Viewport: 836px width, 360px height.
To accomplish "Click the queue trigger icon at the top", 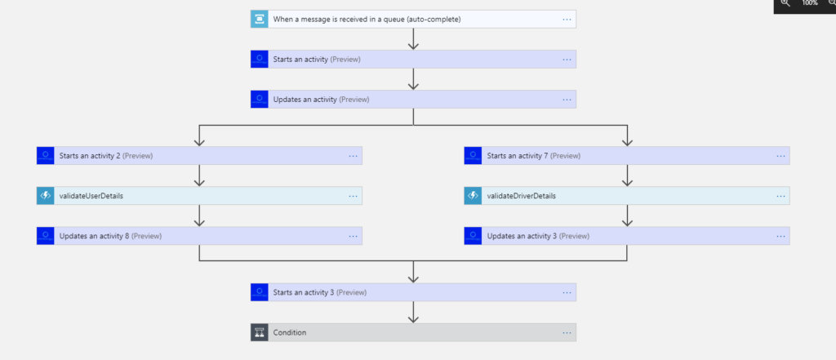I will [x=259, y=19].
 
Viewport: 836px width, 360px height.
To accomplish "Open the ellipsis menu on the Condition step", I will [x=567, y=332].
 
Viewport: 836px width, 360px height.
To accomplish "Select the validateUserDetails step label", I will [x=91, y=196].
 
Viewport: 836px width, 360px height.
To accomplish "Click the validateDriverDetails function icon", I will [x=473, y=196].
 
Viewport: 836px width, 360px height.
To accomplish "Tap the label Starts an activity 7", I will [x=533, y=155].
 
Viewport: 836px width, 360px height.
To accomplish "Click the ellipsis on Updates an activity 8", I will [x=353, y=236].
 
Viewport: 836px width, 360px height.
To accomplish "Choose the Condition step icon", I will [x=259, y=332].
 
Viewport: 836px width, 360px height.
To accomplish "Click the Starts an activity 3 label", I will [x=319, y=292].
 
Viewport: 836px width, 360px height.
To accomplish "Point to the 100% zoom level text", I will [x=809, y=3].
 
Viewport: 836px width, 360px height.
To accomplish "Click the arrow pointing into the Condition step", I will [x=413, y=313].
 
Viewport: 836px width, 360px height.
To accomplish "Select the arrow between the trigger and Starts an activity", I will [x=413, y=39].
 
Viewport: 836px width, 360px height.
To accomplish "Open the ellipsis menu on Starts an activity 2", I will [x=353, y=155].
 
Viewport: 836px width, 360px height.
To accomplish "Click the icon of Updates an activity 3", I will [x=473, y=236].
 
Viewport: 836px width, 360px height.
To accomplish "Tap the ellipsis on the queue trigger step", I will [x=567, y=19].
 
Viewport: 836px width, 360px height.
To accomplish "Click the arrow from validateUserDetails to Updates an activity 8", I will [x=199, y=216].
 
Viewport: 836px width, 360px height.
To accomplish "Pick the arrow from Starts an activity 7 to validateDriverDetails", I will [x=627, y=176].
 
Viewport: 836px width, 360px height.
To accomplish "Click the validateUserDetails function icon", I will [x=45, y=196].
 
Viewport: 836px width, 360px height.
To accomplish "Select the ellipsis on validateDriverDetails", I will [x=780, y=196].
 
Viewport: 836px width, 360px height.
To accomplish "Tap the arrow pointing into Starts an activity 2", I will [x=199, y=137].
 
